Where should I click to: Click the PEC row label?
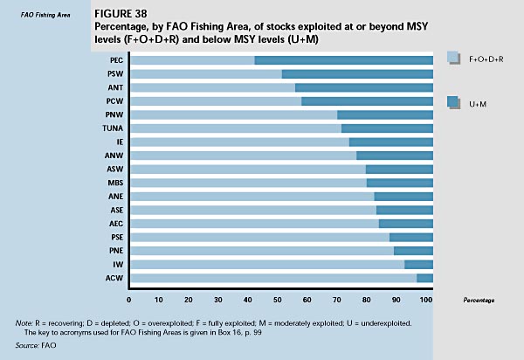click(x=116, y=60)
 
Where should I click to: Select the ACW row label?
click(x=114, y=279)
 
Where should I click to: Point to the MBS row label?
click(x=114, y=183)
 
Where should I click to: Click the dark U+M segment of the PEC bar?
click(x=343, y=60)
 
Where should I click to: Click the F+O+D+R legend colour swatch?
click(x=452, y=58)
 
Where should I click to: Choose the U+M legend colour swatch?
click(x=452, y=102)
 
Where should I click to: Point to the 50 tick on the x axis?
click(x=281, y=300)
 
